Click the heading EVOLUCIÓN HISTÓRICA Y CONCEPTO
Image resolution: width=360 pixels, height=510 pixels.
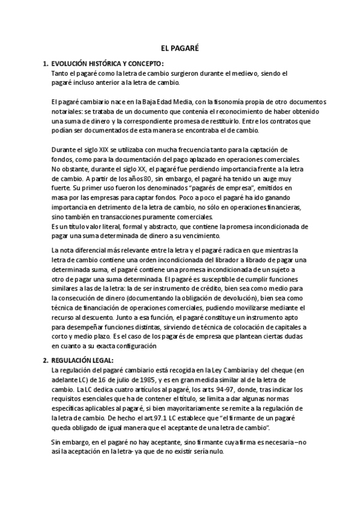(108, 63)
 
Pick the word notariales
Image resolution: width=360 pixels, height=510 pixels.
(67, 112)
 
